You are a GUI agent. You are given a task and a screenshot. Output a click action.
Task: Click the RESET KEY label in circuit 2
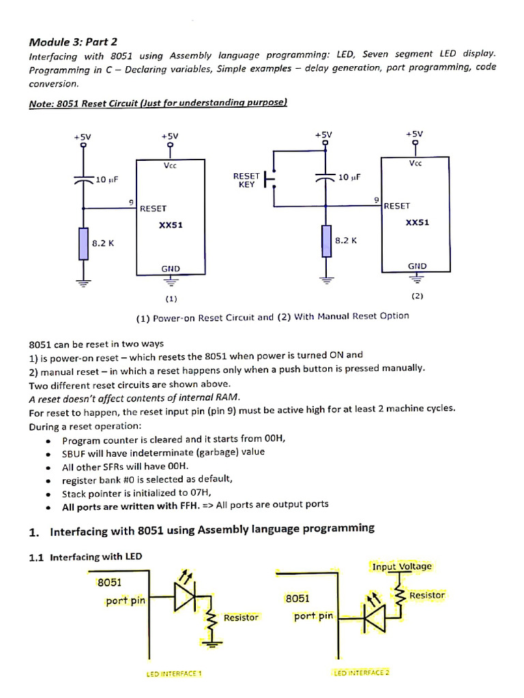pos(246,180)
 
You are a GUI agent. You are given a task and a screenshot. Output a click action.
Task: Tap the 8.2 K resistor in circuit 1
pos(83,244)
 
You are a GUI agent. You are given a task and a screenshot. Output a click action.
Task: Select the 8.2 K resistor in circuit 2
pos(326,241)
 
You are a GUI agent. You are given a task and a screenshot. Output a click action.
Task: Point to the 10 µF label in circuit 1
pos(106,180)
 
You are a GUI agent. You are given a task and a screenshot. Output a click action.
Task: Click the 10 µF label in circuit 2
pos(349,177)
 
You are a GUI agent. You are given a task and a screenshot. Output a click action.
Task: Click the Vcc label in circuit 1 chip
pos(171,166)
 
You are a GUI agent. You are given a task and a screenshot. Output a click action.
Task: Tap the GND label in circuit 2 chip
pos(417,266)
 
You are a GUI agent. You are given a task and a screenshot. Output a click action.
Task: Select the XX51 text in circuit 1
pos(171,225)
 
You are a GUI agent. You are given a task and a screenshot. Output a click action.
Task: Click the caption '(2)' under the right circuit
pos(417,296)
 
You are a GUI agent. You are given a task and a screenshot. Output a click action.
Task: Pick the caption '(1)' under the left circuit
pos(171,298)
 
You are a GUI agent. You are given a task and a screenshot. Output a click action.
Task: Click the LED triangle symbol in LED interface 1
pos(185,598)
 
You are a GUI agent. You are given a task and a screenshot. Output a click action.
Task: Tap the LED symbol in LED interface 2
pos(375,617)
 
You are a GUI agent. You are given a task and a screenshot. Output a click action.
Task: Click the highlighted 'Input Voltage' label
pos(402,566)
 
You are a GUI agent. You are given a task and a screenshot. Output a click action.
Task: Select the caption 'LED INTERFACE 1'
pos(174,673)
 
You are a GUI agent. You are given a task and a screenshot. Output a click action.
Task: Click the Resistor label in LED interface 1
pos(241,618)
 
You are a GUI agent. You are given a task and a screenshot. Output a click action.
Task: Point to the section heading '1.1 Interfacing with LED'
pos(86,557)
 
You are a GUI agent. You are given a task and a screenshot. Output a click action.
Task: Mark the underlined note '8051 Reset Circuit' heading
pos(158,103)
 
